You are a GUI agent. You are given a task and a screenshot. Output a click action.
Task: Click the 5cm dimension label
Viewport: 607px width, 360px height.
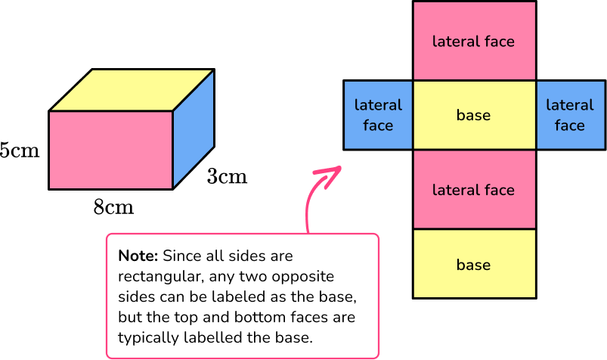(19, 150)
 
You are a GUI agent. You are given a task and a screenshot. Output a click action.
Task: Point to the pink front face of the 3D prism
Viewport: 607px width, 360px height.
(110, 150)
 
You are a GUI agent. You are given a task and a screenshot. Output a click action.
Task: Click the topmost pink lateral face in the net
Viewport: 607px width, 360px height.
(473, 41)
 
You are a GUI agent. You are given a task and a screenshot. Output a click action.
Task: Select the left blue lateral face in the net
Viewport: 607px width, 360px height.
(378, 115)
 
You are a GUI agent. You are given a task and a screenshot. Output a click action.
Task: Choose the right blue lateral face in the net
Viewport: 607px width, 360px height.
(569, 115)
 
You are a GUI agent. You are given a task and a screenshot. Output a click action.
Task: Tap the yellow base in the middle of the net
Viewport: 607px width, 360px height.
(473, 115)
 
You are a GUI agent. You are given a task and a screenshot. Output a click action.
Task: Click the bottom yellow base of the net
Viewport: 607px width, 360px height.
(473, 265)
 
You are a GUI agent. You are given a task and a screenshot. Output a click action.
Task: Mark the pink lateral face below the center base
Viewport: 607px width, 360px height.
(473, 190)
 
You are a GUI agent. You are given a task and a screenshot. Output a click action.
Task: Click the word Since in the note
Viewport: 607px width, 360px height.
(179, 256)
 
